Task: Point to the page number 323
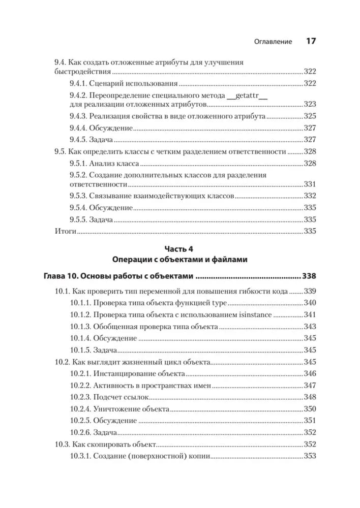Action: point(310,104)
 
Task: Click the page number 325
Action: point(310,116)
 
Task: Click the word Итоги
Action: point(65,232)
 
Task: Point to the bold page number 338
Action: point(309,277)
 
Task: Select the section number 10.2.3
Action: point(80,397)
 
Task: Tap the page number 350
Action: point(310,409)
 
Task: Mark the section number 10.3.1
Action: point(80,456)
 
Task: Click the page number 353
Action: point(310,456)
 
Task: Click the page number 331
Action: point(310,184)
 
